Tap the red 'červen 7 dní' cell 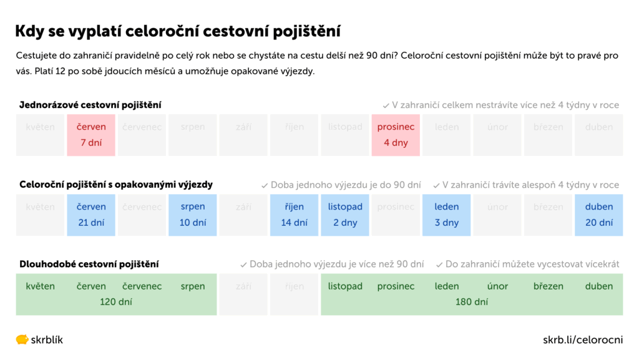tap(91, 135)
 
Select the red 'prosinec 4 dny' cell tap(396, 135)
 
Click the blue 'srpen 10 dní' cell tap(193, 215)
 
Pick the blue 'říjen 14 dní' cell tap(295, 215)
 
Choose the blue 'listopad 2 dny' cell tap(345, 215)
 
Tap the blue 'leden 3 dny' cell tap(447, 215)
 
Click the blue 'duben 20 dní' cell tap(599, 215)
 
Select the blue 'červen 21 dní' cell tap(91, 215)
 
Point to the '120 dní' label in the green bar tap(116, 303)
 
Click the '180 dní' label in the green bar tap(472, 303)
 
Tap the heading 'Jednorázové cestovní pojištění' tap(90, 105)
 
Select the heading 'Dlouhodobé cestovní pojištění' tap(89, 265)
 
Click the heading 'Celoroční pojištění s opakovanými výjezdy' tap(116, 185)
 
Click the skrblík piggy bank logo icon tap(22, 340)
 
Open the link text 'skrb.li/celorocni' tap(583, 340)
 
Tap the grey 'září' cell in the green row tap(243, 294)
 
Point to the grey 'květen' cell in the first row tap(41, 135)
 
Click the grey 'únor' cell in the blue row tap(497, 215)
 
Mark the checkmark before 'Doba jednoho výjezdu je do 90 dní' tap(265, 185)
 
